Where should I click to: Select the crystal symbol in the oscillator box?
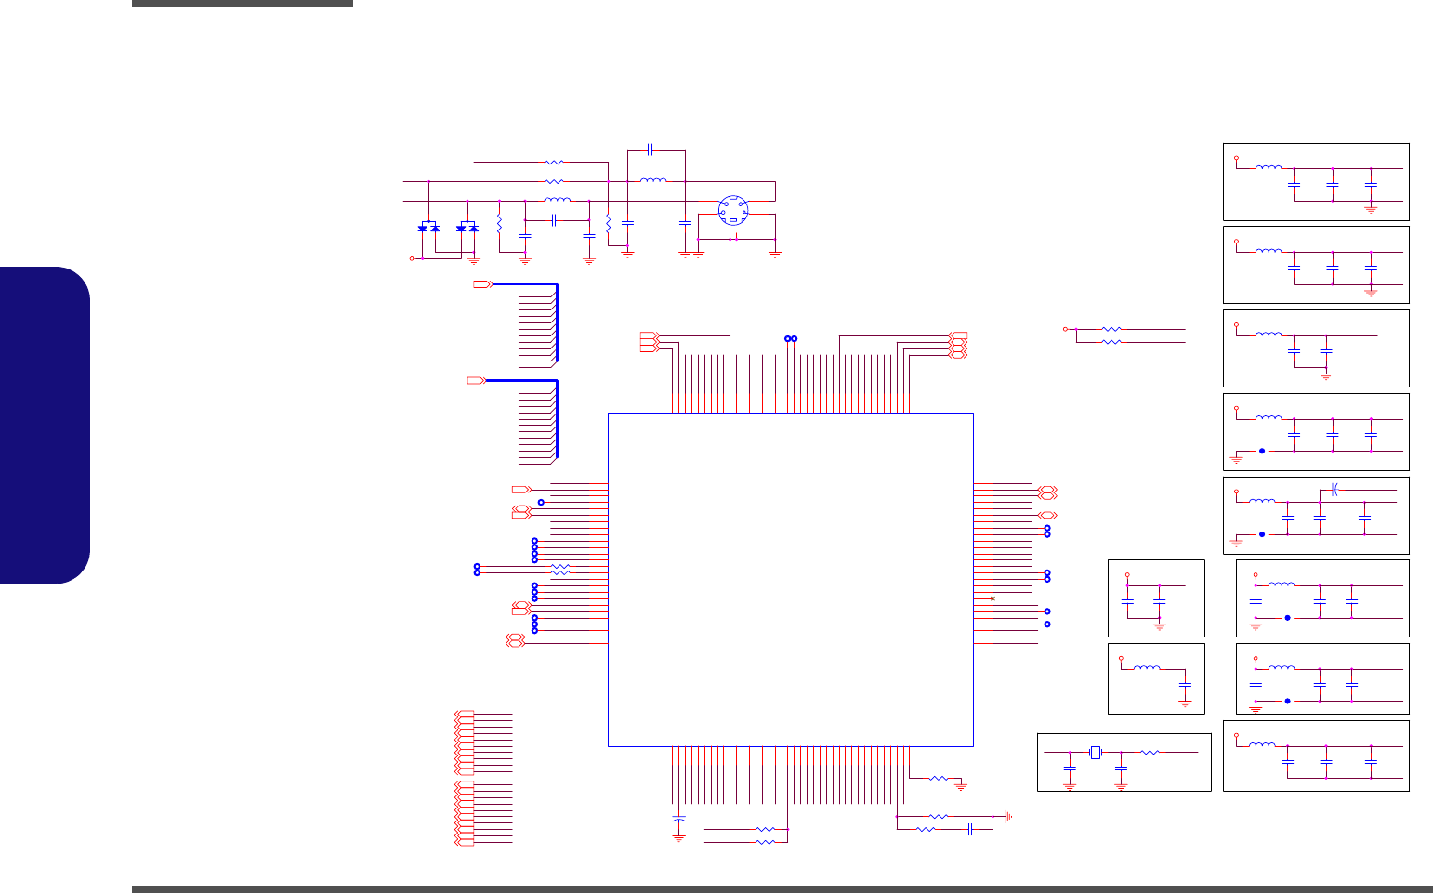[x=1096, y=752]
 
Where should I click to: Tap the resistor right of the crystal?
[x=1150, y=752]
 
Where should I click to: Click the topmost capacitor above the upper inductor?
[x=651, y=149]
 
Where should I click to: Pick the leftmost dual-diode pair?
[x=429, y=227]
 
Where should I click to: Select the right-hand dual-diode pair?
[x=467, y=227]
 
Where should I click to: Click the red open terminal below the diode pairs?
[x=412, y=258]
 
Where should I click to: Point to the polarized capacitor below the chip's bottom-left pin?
[x=678, y=819]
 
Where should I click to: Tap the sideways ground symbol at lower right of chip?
[x=1008, y=817]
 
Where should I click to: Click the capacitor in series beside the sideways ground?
[x=969, y=828]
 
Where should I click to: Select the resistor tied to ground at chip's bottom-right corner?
[x=938, y=778]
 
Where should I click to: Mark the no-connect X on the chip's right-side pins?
[x=993, y=598]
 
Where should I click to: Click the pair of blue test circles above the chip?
[x=791, y=338]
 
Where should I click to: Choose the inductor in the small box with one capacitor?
[x=1147, y=668]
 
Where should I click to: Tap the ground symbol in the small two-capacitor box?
[x=1159, y=626]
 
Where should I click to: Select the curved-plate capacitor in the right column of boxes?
[x=1334, y=489]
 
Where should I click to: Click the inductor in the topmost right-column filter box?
[x=1269, y=168]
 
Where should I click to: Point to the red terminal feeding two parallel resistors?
[x=1065, y=329]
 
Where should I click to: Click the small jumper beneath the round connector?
[x=734, y=239]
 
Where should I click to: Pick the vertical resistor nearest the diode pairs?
[x=499, y=224]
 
